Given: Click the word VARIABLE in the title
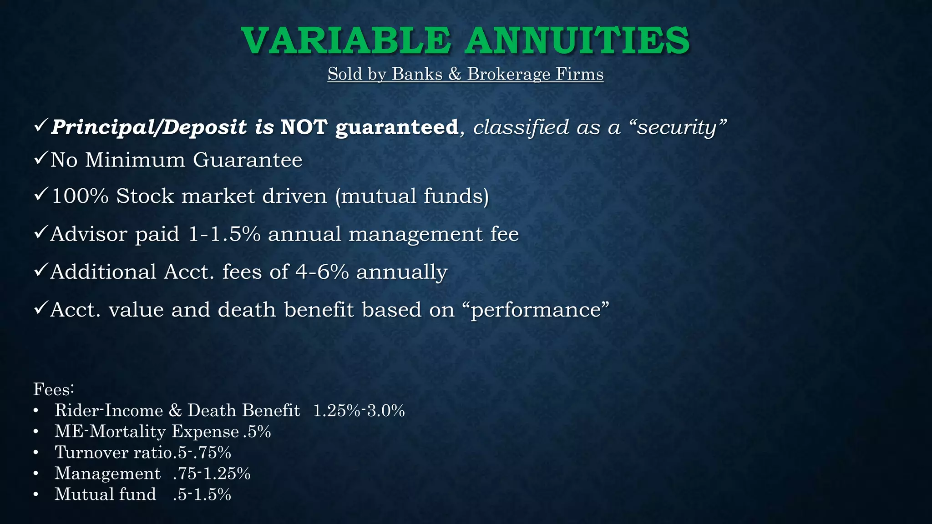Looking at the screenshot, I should [346, 40].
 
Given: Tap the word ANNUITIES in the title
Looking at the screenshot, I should [577, 40].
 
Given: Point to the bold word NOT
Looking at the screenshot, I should [304, 127].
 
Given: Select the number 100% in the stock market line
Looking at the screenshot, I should [80, 196].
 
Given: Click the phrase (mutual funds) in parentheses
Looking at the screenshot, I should [412, 196].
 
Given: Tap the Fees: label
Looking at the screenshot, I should [54, 389].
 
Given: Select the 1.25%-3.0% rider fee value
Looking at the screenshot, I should [359, 411].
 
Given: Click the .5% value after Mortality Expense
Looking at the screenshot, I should [258, 432].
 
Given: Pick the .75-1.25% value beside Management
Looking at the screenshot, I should [212, 474].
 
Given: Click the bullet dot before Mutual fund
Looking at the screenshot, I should [36, 494].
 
